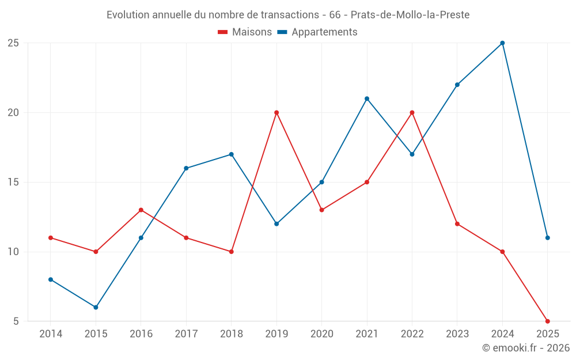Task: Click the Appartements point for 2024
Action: (502, 43)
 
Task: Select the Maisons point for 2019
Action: (276, 113)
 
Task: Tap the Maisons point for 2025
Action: (547, 321)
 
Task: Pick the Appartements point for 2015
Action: (96, 307)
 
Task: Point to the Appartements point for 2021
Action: (367, 98)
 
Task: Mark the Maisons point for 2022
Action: (412, 113)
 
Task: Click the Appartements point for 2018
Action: (231, 154)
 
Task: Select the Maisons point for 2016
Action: (141, 210)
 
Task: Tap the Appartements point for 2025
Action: (547, 238)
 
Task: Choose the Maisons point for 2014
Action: (51, 238)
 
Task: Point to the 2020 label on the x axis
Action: (321, 334)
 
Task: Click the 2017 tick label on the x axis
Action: (186, 334)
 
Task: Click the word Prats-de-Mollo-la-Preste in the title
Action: (410, 15)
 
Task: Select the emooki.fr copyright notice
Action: (525, 348)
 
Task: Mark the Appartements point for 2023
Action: (457, 85)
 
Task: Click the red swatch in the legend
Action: (223, 32)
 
